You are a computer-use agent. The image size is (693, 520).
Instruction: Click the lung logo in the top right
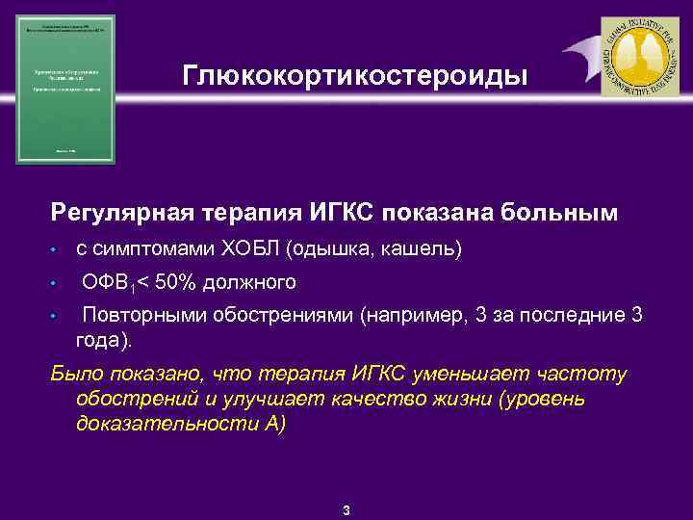coord(639,57)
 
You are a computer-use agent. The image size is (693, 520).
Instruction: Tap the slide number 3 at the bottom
coord(346,509)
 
